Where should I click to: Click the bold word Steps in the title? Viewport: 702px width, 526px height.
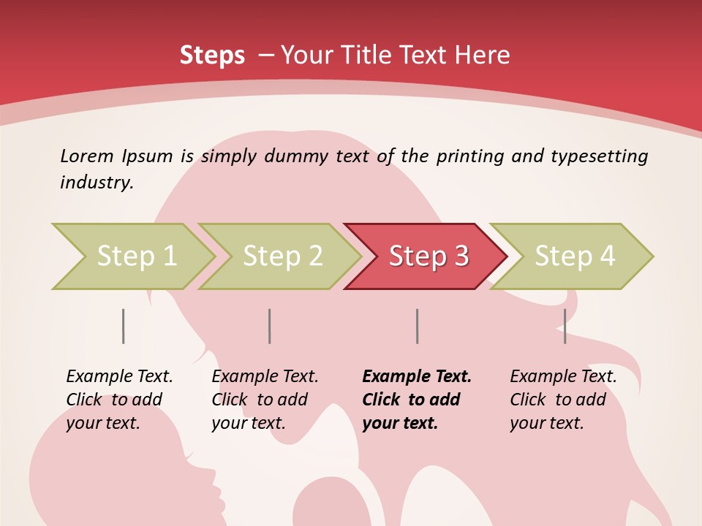coord(212,56)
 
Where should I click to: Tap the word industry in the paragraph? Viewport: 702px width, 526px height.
coord(96,182)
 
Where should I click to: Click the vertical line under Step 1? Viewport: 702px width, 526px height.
coord(124,326)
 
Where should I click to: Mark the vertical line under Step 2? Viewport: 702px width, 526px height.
coord(270,326)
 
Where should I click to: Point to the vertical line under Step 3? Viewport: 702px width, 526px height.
coord(417,326)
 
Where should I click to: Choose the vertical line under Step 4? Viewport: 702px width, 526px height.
coord(565,326)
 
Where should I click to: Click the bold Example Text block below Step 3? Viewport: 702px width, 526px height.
coord(416,400)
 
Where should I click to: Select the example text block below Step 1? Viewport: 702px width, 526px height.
coord(118,400)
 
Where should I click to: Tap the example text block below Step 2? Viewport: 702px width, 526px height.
coord(264,400)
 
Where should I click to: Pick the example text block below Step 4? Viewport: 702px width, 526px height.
coord(562,400)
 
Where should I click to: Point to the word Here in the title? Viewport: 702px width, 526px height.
coord(482,56)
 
